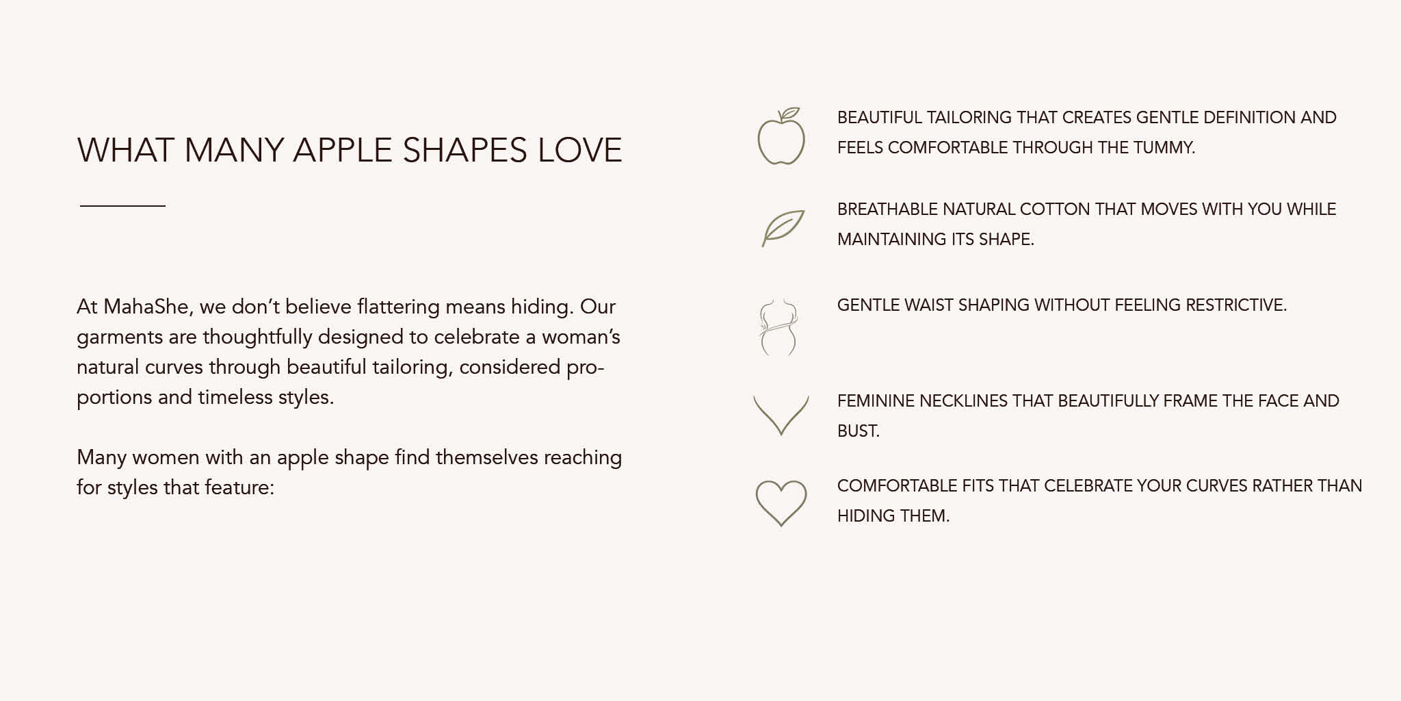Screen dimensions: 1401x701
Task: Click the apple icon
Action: coord(781,141)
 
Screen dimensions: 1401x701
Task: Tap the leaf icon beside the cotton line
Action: coord(783,228)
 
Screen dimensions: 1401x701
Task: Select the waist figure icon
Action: coord(779,327)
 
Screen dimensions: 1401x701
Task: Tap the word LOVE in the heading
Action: coord(580,150)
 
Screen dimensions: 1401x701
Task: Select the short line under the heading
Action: coord(122,205)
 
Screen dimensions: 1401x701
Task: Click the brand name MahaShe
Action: coord(146,307)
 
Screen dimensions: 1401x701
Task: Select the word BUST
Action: coord(858,431)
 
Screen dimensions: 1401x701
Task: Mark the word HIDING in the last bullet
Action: coord(863,515)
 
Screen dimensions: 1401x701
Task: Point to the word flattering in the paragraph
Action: coord(398,307)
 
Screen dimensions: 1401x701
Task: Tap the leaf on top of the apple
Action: coord(790,113)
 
